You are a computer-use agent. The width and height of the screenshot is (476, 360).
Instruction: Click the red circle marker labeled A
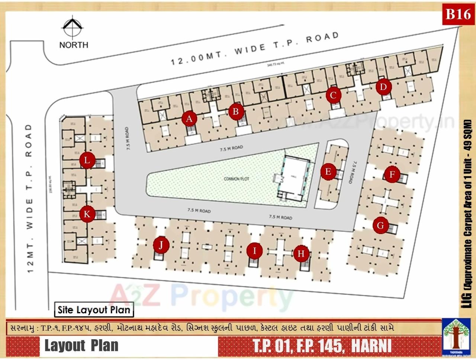point(189,119)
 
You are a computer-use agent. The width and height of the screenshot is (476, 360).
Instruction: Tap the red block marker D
point(383,87)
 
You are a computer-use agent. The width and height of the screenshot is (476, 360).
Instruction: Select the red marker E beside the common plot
point(328,172)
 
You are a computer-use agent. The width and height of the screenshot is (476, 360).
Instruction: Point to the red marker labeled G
point(380,225)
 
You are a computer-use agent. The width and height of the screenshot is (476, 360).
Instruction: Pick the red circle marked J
point(161,245)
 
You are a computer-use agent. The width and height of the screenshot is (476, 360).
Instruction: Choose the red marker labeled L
point(87,160)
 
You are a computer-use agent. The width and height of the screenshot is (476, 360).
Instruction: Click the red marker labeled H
point(301,254)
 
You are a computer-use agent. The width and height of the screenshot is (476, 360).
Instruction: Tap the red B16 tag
point(458,14)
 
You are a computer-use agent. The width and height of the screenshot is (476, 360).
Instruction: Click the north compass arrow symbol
point(73,27)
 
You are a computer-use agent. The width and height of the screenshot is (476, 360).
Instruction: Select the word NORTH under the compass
point(74,45)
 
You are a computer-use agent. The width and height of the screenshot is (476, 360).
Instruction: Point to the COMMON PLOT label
point(237,179)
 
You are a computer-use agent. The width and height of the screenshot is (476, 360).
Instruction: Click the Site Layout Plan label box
point(94,309)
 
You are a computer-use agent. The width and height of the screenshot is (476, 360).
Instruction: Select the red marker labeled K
point(87,214)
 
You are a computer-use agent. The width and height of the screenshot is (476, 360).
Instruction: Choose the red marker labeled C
point(333,95)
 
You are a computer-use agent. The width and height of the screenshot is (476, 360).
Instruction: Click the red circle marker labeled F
point(392,174)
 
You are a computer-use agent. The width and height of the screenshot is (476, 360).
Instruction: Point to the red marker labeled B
point(236,111)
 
